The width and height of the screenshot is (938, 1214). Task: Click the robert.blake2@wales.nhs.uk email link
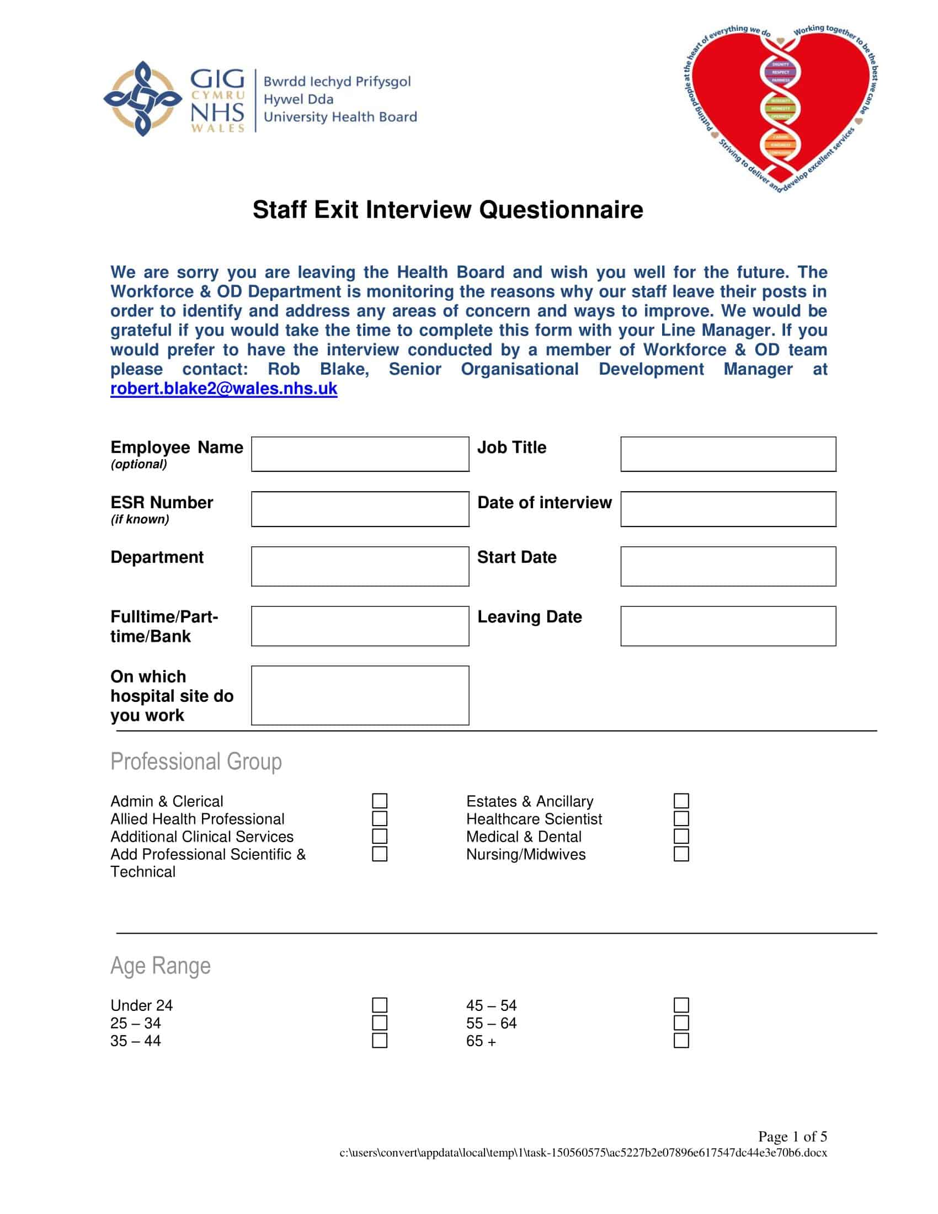click(x=223, y=388)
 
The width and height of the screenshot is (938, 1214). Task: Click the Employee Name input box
click(x=360, y=454)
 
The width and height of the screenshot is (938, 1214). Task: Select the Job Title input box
click(x=728, y=454)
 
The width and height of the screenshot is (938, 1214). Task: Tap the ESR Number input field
click(x=360, y=509)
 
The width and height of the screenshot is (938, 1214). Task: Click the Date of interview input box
click(x=728, y=509)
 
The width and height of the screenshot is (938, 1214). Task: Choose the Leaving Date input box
click(x=728, y=626)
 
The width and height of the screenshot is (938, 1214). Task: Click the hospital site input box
click(x=360, y=695)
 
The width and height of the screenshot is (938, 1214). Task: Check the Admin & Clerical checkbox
click(x=380, y=801)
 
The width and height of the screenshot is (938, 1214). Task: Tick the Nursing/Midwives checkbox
click(x=681, y=854)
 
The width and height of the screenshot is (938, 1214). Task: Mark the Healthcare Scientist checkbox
click(x=681, y=819)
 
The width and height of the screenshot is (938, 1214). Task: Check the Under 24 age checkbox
click(x=380, y=1005)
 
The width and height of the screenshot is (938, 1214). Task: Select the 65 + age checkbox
click(x=681, y=1041)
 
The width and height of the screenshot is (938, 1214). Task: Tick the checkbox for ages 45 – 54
click(x=681, y=1005)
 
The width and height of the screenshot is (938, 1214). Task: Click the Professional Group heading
click(x=196, y=762)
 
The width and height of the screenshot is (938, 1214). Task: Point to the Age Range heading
click(x=160, y=966)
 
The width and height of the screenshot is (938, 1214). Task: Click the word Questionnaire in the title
click(x=561, y=210)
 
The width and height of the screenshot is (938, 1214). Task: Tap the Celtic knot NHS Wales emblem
click(x=143, y=99)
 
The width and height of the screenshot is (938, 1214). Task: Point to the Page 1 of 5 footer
click(x=792, y=1136)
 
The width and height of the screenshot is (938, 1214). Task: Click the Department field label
click(x=157, y=557)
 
